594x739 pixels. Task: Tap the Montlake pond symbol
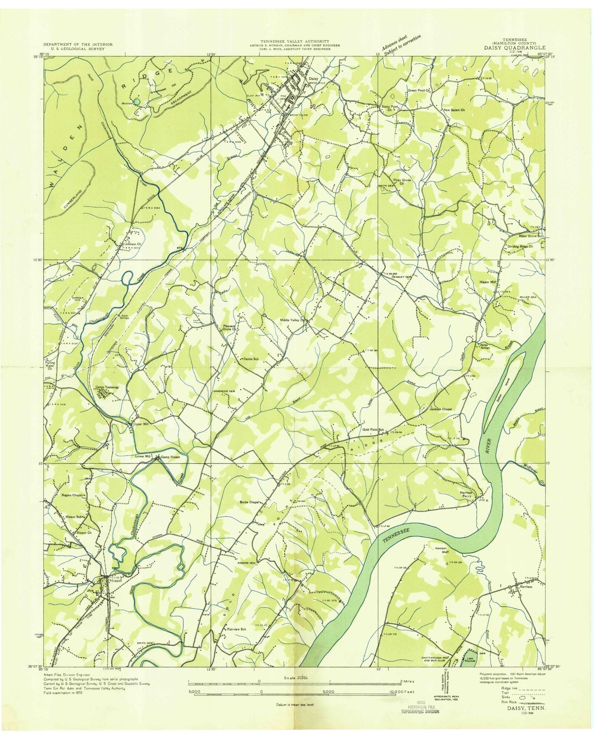137,101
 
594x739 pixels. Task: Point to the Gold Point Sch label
373,430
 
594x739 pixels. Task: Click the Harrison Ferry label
469,494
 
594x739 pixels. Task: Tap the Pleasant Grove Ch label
228,327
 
